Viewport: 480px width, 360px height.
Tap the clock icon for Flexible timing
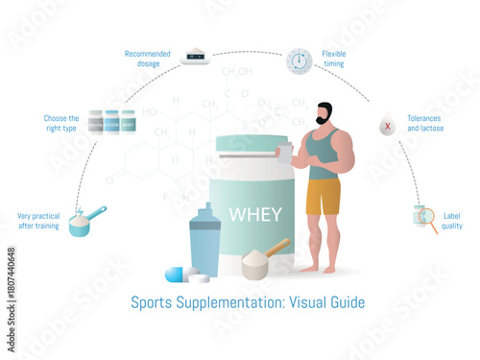[x=300, y=60]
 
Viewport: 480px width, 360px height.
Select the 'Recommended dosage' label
[x=148, y=58]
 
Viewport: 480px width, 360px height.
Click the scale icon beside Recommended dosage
[x=195, y=57]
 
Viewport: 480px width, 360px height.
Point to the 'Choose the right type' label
[x=60, y=123]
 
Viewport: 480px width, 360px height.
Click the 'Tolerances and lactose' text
[x=425, y=123]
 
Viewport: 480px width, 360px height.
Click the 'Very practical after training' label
[x=38, y=221]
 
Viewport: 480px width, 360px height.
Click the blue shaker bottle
[x=204, y=241]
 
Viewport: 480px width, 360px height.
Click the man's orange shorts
[x=324, y=196]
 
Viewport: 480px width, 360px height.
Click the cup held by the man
[x=285, y=152]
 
